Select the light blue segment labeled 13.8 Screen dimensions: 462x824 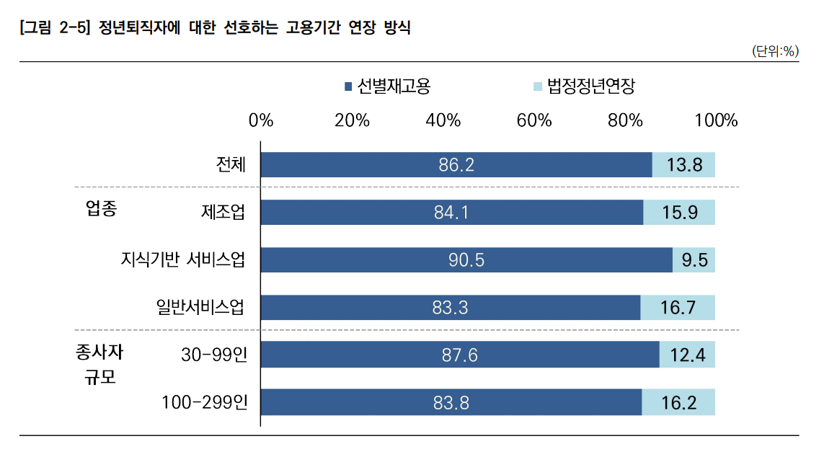[683, 165]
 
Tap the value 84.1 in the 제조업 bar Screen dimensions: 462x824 [451, 213]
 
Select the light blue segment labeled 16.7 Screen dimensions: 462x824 [678, 308]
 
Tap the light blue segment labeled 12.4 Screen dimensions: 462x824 [687, 355]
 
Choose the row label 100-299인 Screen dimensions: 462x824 [204, 402]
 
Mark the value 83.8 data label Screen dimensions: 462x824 [451, 403]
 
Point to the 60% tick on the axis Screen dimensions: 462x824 [534, 120]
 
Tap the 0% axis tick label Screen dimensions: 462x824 [261, 120]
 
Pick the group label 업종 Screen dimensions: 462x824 [101, 210]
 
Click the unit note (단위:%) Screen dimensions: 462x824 [775, 51]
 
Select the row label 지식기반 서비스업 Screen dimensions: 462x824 [183, 260]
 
